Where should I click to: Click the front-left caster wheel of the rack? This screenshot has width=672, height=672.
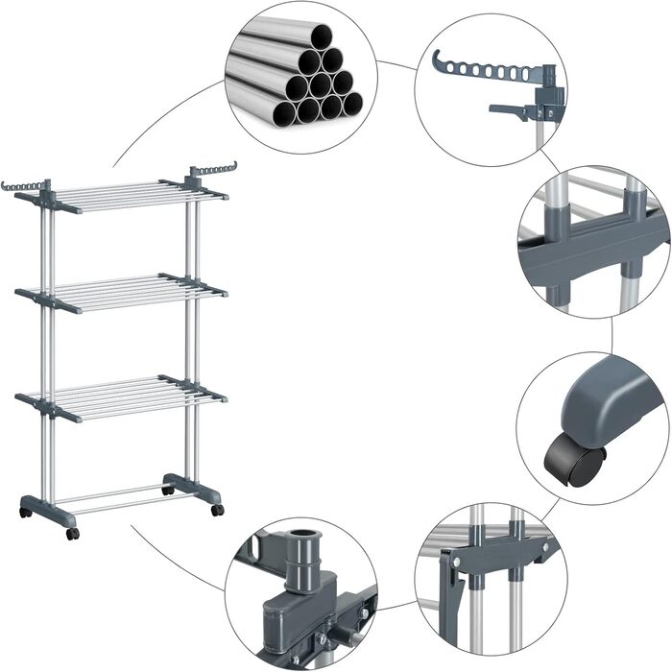[x=72, y=533]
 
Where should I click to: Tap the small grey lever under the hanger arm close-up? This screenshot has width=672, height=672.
[x=509, y=111]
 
